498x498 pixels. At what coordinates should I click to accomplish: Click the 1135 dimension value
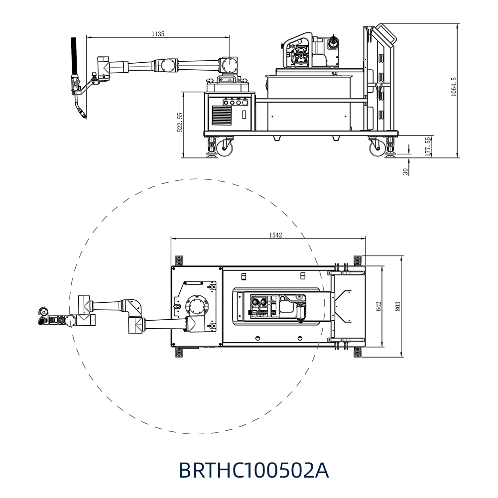click(158, 34)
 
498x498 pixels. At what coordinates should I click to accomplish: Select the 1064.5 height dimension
click(454, 86)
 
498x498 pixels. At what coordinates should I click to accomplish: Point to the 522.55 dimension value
click(180, 123)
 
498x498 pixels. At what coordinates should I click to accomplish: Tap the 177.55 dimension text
click(428, 146)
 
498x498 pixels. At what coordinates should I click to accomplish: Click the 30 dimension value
click(405, 171)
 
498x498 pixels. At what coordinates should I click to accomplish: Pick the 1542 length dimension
click(275, 235)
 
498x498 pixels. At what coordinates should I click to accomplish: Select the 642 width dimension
click(378, 306)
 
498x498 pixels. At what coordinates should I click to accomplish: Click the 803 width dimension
click(397, 306)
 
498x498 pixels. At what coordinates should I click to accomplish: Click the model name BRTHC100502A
click(254, 471)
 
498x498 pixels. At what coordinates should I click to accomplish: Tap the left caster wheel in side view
click(225, 148)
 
